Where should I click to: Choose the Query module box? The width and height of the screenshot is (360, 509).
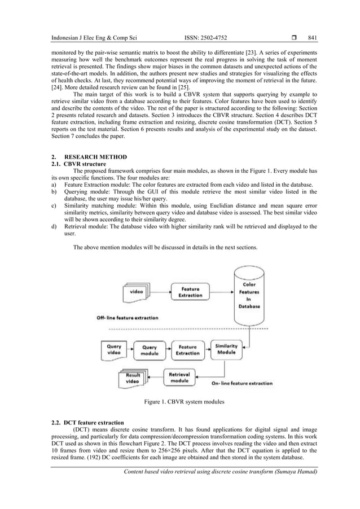coord(149,350)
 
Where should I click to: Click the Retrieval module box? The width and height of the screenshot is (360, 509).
coord(179,376)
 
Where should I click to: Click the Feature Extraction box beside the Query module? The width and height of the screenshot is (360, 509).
coord(187,350)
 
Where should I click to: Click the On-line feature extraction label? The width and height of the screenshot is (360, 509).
coord(242,384)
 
